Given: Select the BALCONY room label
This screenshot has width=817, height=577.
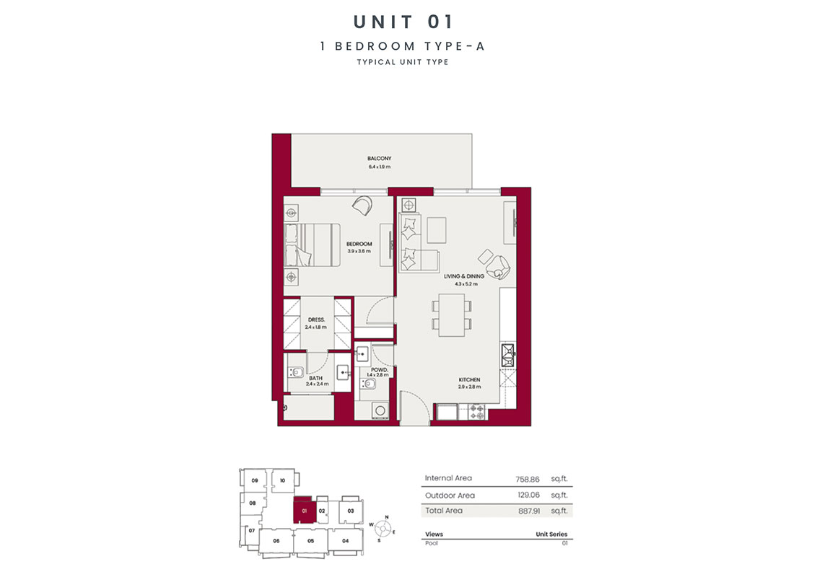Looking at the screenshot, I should pyautogui.click(x=379, y=159).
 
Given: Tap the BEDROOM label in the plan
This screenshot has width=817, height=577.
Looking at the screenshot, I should pyautogui.click(x=359, y=244).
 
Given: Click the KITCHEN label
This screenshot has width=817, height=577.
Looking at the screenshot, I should pyautogui.click(x=469, y=379).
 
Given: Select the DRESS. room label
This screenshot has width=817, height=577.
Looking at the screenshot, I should pyautogui.click(x=315, y=319).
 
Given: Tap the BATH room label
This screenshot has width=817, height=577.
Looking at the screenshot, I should pyautogui.click(x=316, y=377).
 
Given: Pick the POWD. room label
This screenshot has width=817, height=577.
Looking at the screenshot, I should pyautogui.click(x=378, y=370).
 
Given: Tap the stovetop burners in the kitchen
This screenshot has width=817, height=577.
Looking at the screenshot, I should pyautogui.click(x=477, y=412).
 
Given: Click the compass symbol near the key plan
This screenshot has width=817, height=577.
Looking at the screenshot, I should pyautogui.click(x=383, y=529).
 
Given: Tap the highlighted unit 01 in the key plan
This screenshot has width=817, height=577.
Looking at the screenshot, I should pyautogui.click(x=304, y=511).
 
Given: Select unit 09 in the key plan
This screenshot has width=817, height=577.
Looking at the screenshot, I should pyautogui.click(x=254, y=480).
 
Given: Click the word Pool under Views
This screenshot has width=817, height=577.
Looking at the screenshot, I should pyautogui.click(x=431, y=542).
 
